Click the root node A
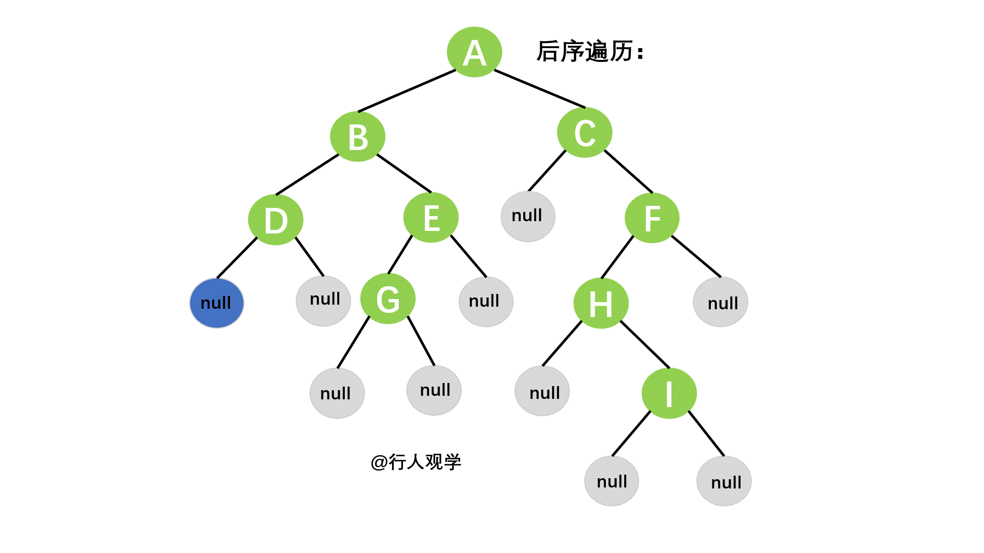tap(474, 52)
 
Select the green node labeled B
tap(357, 137)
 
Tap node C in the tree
tap(584, 133)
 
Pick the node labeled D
tap(276, 220)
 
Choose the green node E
tap(431, 218)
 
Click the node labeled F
tap(652, 218)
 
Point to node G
tap(388, 299)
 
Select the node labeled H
tap(601, 303)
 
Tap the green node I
tap(669, 393)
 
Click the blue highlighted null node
tap(217, 303)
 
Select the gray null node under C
tap(528, 216)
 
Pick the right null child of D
tap(323, 301)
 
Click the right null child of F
tap(721, 302)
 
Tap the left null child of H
tap(542, 391)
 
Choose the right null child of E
tap(486, 302)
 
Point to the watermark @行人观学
tap(416, 462)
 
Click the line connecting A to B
tap(407, 91)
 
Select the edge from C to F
tap(629, 172)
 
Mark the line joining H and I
tap(645, 345)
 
